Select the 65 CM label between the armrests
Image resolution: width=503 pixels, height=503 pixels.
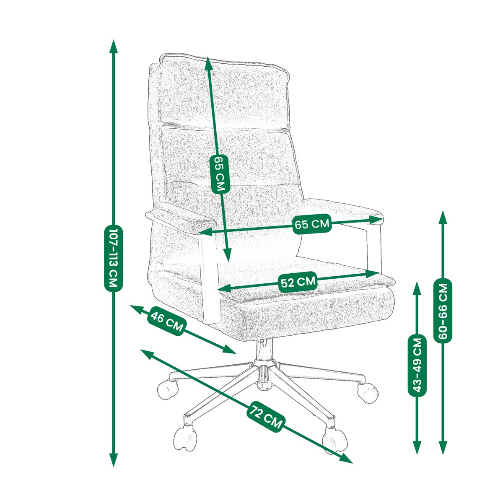point(312,224)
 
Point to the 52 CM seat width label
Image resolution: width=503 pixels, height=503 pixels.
point(298,282)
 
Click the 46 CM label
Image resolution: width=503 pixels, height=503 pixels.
point(167,321)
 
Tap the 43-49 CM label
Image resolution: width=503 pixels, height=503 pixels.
point(417,366)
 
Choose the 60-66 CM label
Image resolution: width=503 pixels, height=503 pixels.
point(443,310)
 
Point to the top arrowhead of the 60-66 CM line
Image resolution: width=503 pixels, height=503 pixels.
point(443,217)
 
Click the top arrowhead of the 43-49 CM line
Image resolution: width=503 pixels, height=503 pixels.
point(417,289)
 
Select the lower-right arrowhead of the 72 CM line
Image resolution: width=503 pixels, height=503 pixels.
point(346,459)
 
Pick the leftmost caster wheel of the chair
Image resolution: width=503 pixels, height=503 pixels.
point(168,389)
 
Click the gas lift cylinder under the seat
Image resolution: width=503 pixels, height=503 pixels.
point(264,350)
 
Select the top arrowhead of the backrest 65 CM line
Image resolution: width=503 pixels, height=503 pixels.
point(208,64)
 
